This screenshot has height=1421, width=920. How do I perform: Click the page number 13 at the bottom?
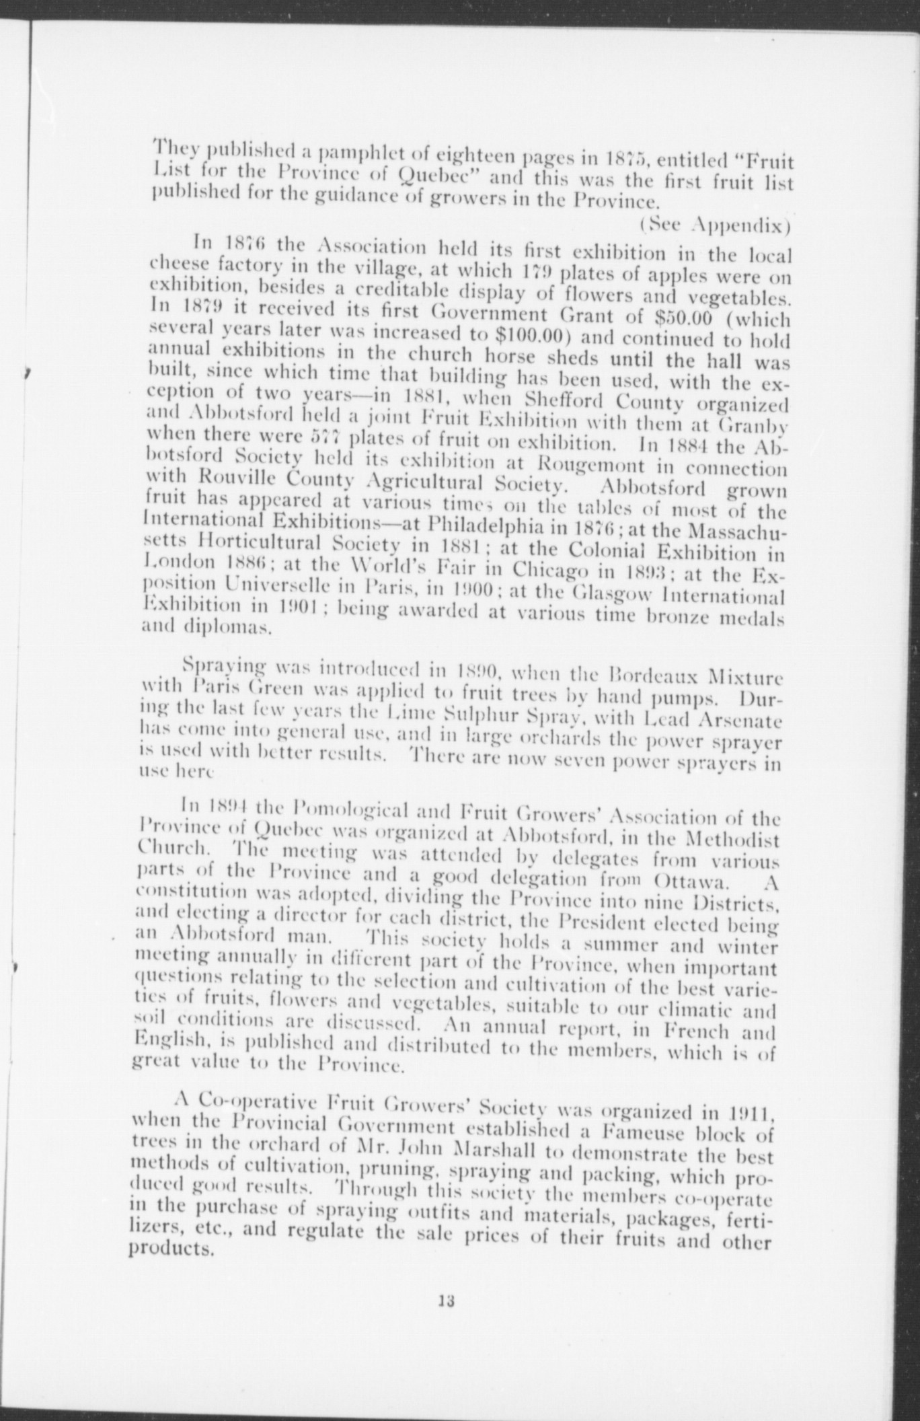tap(445, 1338)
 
